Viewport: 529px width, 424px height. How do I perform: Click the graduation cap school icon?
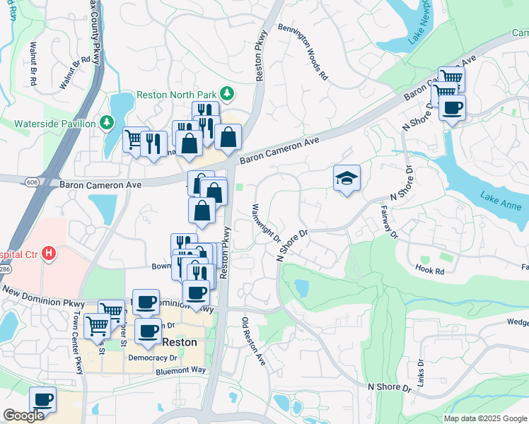[x=347, y=179]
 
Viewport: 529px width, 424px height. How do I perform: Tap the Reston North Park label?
[x=177, y=95]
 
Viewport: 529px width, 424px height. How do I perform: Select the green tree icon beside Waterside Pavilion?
[x=106, y=124]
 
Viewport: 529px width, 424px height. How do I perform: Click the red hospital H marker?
[x=48, y=252]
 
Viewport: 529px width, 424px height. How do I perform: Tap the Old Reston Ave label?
[x=254, y=339]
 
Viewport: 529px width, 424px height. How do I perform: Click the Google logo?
[x=23, y=416]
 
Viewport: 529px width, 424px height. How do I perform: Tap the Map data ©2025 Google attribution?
[x=484, y=418]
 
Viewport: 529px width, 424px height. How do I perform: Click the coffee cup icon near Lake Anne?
[x=452, y=109]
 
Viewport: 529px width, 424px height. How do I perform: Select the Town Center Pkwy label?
[x=78, y=355]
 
